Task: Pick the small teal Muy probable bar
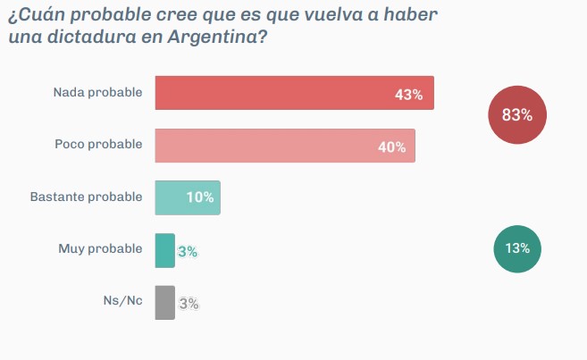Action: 164,250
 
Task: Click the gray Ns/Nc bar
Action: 164,302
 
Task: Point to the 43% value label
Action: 408,94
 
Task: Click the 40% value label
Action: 391,147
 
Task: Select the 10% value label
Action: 199,197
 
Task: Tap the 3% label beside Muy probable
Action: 188,252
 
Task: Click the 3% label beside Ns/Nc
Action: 189,303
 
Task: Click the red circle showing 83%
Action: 517,115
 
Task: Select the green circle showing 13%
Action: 517,248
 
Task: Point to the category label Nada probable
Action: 97,92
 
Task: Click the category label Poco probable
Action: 98,145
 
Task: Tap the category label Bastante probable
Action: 86,197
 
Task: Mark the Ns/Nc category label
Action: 122,300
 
